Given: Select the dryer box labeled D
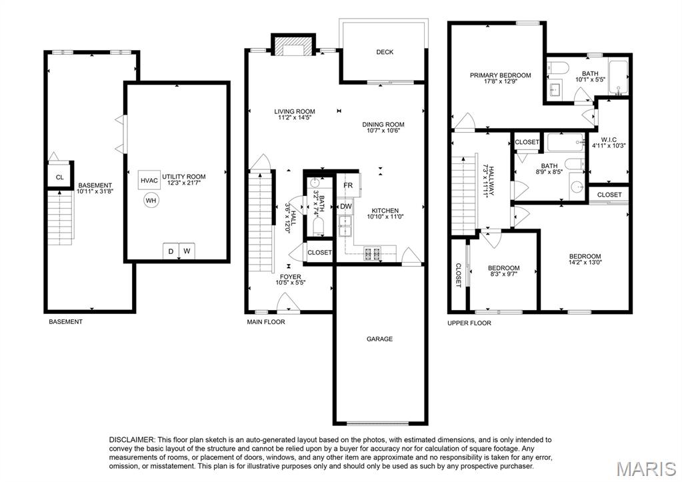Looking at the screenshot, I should pyautogui.click(x=171, y=251).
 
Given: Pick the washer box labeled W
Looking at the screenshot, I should pyautogui.click(x=187, y=251).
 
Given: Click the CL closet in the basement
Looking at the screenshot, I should pyautogui.click(x=59, y=177).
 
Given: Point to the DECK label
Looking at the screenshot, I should pyautogui.click(x=385, y=52).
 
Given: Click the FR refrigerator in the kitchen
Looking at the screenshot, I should pyautogui.click(x=349, y=185).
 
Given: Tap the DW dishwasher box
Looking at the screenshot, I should pyautogui.click(x=346, y=207).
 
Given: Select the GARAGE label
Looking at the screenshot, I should pyautogui.click(x=379, y=339).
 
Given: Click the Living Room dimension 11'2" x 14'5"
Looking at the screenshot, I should pyautogui.click(x=295, y=118).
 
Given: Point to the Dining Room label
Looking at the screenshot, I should pyautogui.click(x=383, y=124).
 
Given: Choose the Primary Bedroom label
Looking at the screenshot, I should pyautogui.click(x=500, y=75).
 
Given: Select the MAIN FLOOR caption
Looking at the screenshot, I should pyautogui.click(x=266, y=322).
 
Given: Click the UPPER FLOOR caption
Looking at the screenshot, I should pyautogui.click(x=469, y=323).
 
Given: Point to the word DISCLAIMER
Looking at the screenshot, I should pyautogui.click(x=132, y=439).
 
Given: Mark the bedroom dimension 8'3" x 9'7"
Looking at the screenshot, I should pyautogui.click(x=503, y=275).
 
